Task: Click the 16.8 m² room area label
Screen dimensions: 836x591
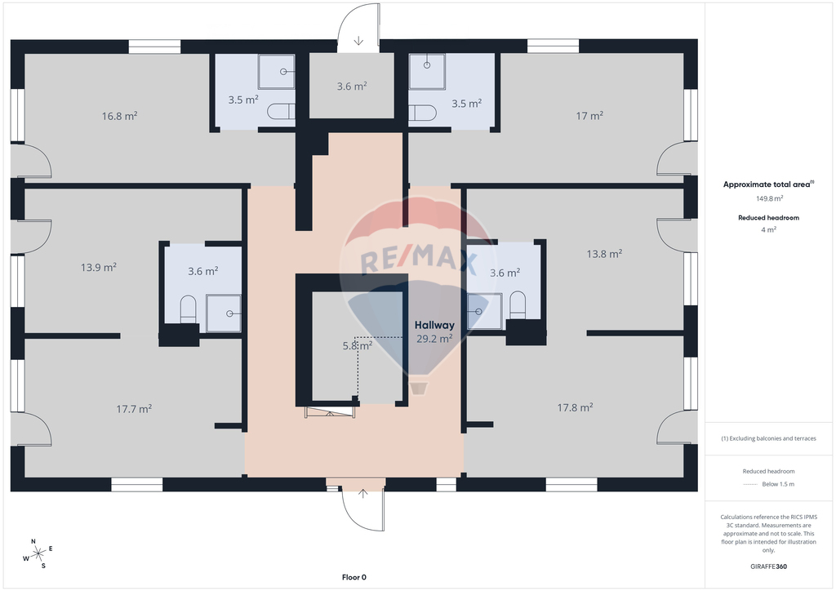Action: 119,116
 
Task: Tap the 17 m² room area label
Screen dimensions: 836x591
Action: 589,115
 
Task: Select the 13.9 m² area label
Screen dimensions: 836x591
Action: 99,267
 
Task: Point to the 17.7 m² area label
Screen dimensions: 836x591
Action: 134,409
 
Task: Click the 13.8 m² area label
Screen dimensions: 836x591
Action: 604,254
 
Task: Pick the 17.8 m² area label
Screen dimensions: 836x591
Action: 575,407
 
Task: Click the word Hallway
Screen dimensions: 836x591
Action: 434,325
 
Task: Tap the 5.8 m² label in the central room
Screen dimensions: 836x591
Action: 358,345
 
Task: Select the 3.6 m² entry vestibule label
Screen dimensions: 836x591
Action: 351,86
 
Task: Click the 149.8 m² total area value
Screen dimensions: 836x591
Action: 769,198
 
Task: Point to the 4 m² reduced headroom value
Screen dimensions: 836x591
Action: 768,229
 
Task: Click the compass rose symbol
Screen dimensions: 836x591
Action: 38,554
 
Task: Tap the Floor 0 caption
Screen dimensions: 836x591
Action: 354,577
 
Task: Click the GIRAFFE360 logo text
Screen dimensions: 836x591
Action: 768,567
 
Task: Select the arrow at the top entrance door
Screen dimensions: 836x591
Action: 358,41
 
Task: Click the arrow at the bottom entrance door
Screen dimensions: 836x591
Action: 362,494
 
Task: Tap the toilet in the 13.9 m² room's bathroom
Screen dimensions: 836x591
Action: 189,309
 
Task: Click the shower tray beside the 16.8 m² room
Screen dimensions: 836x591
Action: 276,71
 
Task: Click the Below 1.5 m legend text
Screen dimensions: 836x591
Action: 778,484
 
